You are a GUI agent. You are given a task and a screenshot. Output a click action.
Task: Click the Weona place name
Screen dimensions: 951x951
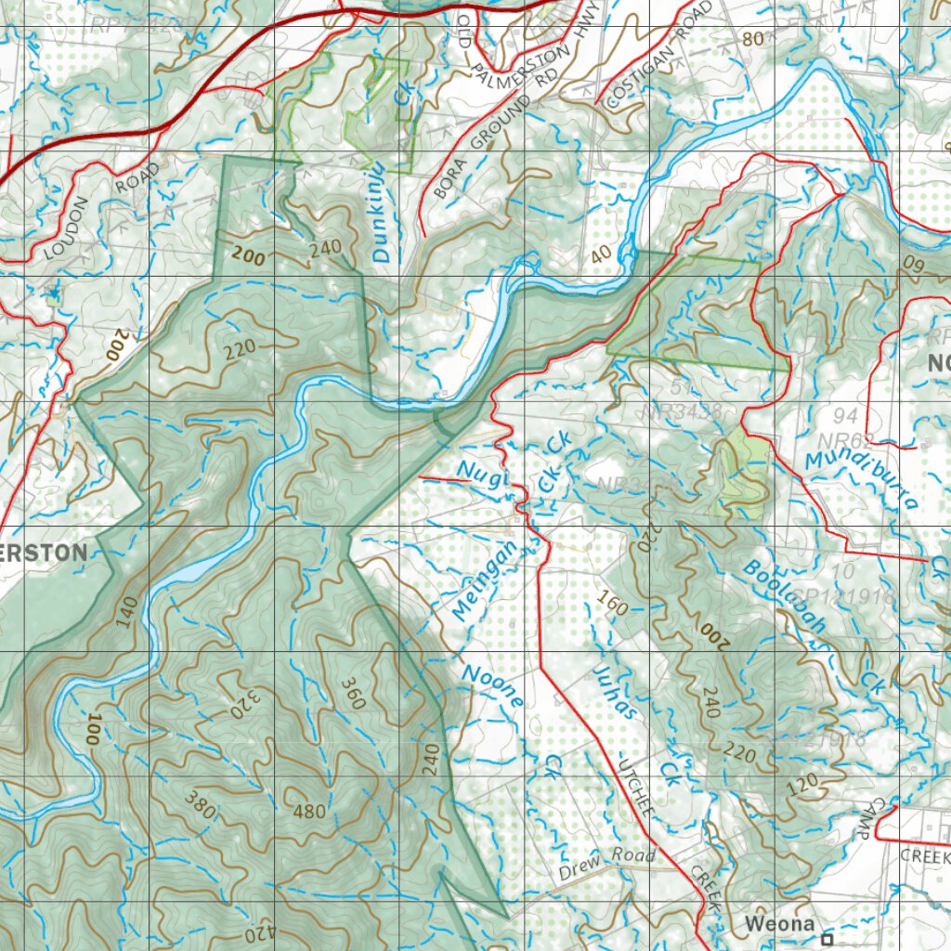point(779,924)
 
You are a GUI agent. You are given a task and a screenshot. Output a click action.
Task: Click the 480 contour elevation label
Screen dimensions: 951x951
point(309,812)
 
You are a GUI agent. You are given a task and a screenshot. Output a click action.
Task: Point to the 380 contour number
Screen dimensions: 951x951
point(200,808)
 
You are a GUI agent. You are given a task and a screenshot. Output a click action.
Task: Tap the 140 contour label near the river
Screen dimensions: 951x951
point(127,613)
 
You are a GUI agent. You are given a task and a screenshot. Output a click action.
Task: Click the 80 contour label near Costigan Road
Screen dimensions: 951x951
point(753,39)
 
